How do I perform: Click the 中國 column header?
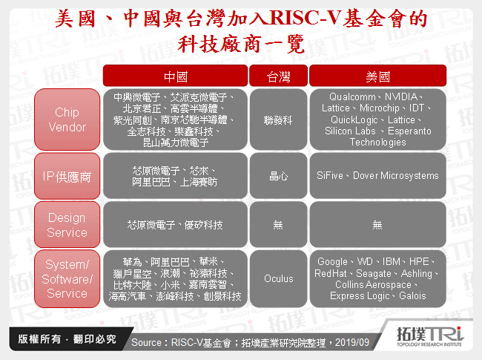coord(175,76)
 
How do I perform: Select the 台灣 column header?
coord(278,76)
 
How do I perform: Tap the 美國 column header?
coord(377,76)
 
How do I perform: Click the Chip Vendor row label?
coord(67,120)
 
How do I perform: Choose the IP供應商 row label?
coord(67,177)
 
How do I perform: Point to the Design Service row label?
coord(67,225)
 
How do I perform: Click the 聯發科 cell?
coord(278,120)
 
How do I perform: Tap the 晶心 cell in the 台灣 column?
coord(278,177)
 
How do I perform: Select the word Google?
coord(332,262)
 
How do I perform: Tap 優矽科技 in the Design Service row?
coord(199,225)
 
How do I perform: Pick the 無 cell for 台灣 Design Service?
coord(278,225)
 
